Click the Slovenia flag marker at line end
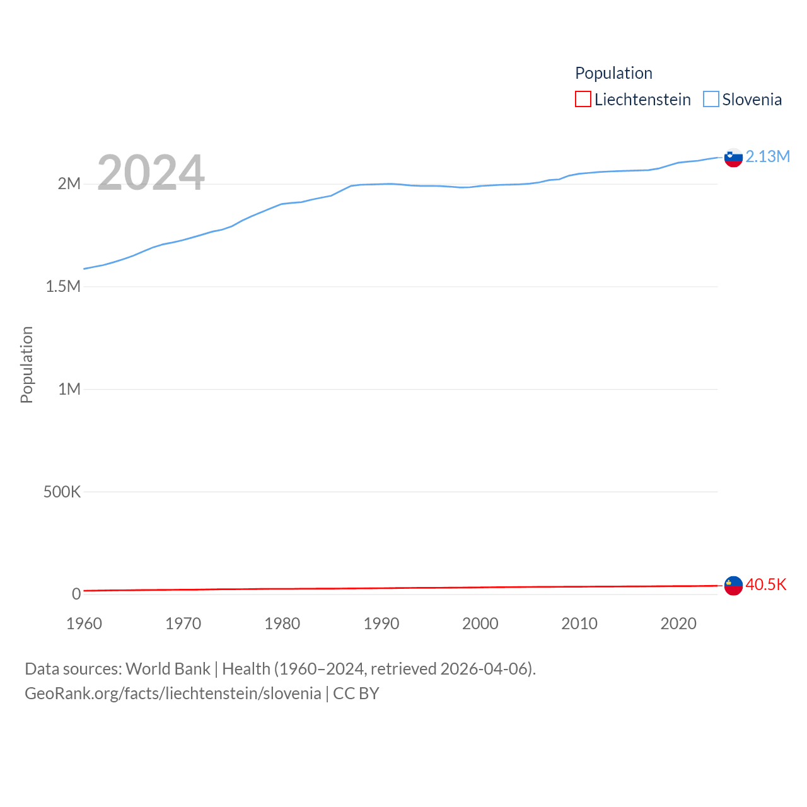[733, 158]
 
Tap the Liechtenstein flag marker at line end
[733, 586]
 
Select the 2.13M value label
[767, 157]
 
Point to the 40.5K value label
[766, 585]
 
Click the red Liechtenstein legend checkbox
[583, 100]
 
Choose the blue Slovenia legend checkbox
[711, 100]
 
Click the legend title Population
[613, 73]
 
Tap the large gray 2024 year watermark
[151, 172]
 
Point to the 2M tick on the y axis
[69, 184]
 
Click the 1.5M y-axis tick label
[63, 287]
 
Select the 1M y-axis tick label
[69, 389]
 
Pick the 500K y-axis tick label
[62, 492]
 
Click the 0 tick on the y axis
[76, 594]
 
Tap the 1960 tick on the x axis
[84, 624]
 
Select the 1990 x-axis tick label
[381, 624]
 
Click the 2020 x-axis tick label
[678, 624]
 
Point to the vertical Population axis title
[26, 364]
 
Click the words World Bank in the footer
[168, 669]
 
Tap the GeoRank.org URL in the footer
[173, 694]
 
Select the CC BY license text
[356, 694]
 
